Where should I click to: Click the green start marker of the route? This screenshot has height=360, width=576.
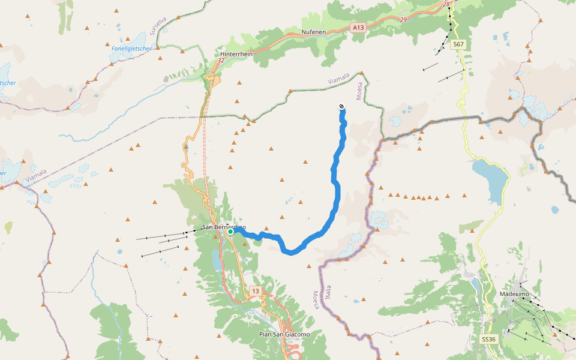pos(230,231)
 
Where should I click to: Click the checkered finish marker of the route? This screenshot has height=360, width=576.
pos(342,107)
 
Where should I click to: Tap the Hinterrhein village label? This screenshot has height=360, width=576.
pos(236,53)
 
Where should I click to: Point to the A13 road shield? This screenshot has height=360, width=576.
pos(358,27)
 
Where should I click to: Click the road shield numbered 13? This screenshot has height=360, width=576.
pos(256,291)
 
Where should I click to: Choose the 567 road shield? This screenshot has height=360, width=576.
pos(458,44)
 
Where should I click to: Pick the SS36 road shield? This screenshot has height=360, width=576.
pos(488,339)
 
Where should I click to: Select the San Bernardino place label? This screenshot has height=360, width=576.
pos(223,227)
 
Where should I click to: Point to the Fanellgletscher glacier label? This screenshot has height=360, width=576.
pos(131,48)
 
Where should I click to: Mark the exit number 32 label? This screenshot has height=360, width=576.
pos(221,60)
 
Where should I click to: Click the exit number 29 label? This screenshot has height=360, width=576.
pos(403,20)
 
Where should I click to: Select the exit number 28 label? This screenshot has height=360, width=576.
pos(446,4)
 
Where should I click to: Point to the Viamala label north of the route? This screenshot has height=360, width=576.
pos(338,79)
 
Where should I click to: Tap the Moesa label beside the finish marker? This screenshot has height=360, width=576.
pos(360,92)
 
